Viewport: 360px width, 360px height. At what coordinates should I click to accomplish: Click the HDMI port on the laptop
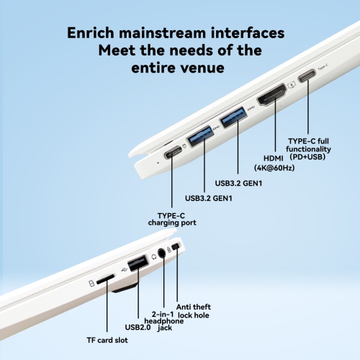pyautogui.click(x=272, y=95)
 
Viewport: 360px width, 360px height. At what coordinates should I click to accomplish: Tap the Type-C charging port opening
pyautogui.click(x=173, y=152)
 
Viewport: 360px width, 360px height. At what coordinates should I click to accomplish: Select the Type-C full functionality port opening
pyautogui.click(x=307, y=75)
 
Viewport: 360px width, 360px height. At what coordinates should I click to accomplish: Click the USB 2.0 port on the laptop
pyautogui.click(x=138, y=263)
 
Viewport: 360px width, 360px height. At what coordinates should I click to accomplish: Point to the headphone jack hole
pyautogui.click(x=162, y=253)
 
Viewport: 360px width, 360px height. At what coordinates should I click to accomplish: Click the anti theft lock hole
pyautogui.click(x=176, y=247)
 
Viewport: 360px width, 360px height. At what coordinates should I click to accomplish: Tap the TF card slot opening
pyautogui.click(x=105, y=279)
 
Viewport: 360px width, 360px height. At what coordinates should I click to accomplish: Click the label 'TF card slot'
pyautogui.click(x=107, y=340)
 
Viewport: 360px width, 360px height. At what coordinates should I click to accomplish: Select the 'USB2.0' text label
pyautogui.click(x=138, y=327)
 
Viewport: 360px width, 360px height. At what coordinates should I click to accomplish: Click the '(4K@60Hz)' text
pyautogui.click(x=274, y=168)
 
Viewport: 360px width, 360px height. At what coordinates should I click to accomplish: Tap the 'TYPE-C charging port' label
pyautogui.click(x=172, y=219)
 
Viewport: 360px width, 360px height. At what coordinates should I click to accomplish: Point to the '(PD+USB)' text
pyautogui.click(x=307, y=157)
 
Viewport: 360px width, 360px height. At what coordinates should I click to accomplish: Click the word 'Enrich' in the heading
pyautogui.click(x=91, y=32)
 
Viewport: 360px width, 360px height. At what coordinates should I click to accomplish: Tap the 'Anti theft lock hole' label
pyautogui.click(x=194, y=311)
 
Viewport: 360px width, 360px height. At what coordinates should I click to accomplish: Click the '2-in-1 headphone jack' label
pyautogui.click(x=164, y=321)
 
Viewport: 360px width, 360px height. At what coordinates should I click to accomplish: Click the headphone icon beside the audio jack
pyautogui.click(x=154, y=257)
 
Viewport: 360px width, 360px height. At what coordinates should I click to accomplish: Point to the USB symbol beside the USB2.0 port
pyautogui.click(x=125, y=270)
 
